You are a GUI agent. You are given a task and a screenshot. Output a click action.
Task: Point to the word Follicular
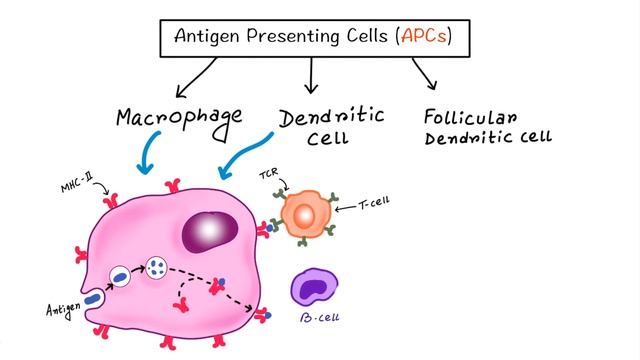pyautogui.click(x=470, y=117)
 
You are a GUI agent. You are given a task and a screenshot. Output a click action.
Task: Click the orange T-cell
pyautogui.click(x=304, y=215)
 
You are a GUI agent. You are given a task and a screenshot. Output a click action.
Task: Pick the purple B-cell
pyautogui.click(x=313, y=288)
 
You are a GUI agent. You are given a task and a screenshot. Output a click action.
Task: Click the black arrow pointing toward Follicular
pyautogui.click(x=424, y=74)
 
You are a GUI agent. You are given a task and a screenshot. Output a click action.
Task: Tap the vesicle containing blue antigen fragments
pyautogui.click(x=157, y=267)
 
